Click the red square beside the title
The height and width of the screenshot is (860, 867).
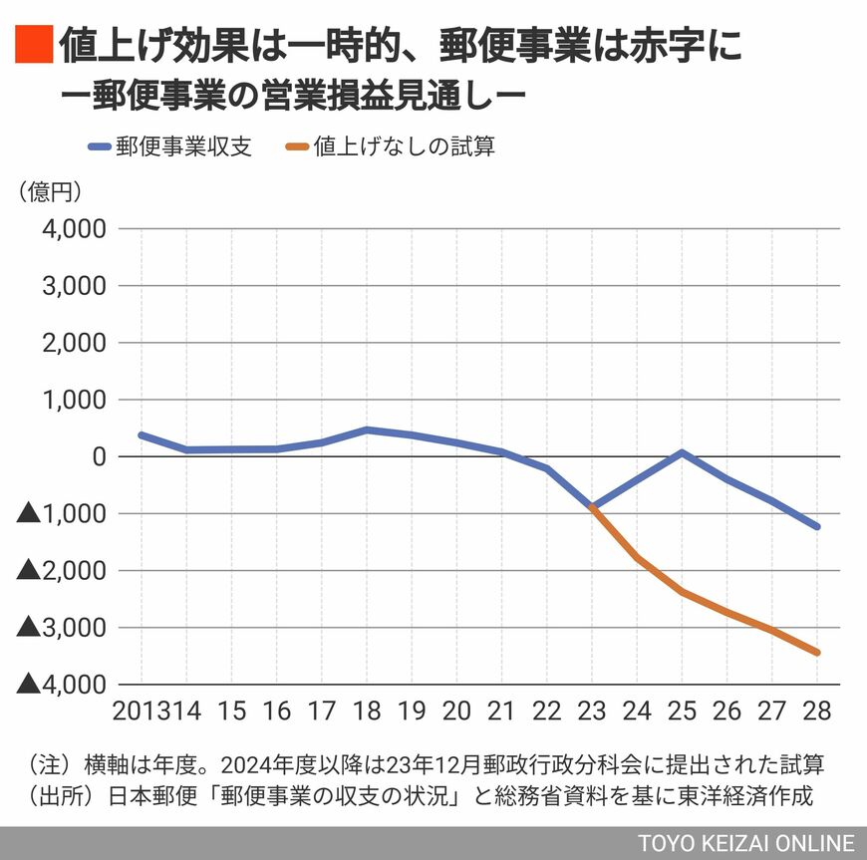click(x=33, y=46)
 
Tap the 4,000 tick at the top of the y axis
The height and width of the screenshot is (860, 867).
click(x=78, y=229)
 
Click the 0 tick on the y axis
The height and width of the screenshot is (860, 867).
click(x=100, y=456)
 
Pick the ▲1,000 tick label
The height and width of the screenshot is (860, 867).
click(x=63, y=514)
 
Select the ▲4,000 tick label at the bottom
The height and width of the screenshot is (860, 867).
click(x=63, y=685)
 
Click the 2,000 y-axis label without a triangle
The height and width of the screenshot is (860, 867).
click(x=78, y=343)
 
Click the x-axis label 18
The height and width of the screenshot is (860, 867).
click(x=367, y=712)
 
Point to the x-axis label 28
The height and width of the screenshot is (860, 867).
click(x=816, y=712)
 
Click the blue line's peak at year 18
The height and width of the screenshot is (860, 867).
click(x=367, y=430)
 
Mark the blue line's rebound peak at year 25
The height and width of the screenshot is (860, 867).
click(x=683, y=452)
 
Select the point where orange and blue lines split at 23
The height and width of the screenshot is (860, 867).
click(x=592, y=506)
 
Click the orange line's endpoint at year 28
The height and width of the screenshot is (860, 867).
click(x=817, y=653)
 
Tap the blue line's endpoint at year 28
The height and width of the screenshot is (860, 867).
click(x=817, y=526)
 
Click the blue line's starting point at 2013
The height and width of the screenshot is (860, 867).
click(x=142, y=435)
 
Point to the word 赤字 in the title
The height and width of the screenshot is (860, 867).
click(x=659, y=46)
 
